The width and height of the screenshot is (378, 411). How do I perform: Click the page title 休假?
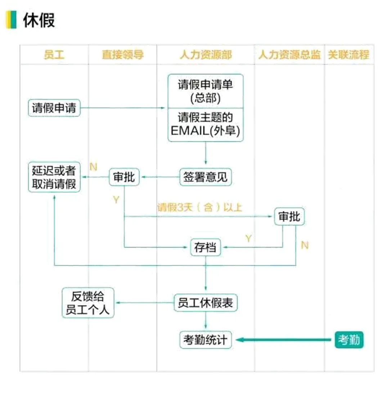(39, 20)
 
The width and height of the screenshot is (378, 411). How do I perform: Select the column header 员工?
(54, 55)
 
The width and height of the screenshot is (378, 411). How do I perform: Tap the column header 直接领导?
(122, 55)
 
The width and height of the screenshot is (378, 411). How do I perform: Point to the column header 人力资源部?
(206, 55)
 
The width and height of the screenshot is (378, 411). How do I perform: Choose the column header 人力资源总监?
(289, 55)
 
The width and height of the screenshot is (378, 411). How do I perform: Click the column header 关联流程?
(348, 55)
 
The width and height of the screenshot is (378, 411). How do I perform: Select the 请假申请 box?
(54, 108)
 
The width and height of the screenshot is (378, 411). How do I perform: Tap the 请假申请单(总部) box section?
(206, 91)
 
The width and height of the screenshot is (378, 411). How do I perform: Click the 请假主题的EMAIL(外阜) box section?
(206, 125)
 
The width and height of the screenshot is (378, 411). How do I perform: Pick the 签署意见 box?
(206, 177)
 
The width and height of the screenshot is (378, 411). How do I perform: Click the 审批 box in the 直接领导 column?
(124, 177)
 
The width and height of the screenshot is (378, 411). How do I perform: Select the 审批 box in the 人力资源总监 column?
(289, 217)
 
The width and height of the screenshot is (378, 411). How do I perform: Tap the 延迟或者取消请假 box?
(54, 177)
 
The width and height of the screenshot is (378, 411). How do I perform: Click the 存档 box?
(205, 248)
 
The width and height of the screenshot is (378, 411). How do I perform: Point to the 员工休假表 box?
(206, 303)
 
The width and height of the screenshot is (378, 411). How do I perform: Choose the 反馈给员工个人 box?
(88, 303)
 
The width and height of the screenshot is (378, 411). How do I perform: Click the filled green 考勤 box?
(349, 340)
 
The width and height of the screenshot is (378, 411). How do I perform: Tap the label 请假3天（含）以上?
(199, 208)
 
